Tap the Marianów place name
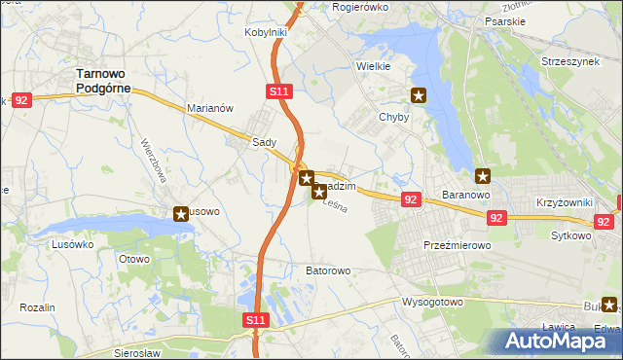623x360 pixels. pos(209,109)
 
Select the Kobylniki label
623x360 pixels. pos(265,32)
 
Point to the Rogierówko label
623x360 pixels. pos(360,7)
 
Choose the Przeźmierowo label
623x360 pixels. pos(457,245)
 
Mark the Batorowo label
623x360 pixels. pos(328,270)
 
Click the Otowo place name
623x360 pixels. pos(133,259)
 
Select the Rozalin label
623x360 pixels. pos(38,307)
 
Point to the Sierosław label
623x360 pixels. pos(136,352)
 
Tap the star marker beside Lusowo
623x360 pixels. pos(181,214)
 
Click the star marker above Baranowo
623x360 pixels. pos(483,176)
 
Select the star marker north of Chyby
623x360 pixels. pos(419,95)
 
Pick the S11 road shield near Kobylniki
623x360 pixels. pos(278,91)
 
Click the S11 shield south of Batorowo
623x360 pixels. pos(254,319)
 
